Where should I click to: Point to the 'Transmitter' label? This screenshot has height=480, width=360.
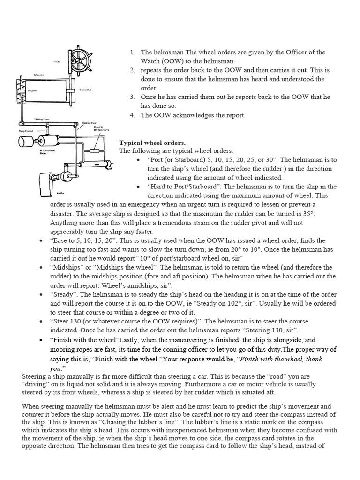click(85, 89)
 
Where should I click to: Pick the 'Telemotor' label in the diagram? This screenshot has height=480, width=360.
click(38, 75)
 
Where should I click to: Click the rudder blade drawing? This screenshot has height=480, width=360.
click(48, 180)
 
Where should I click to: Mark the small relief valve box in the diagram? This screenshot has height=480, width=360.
click(95, 151)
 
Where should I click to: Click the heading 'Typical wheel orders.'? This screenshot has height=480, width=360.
click(152, 142)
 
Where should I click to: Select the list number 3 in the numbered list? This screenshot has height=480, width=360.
click(132, 97)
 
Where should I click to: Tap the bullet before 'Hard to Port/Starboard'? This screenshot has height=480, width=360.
click(139, 187)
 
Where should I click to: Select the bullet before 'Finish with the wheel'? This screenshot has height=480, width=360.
click(44, 340)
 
